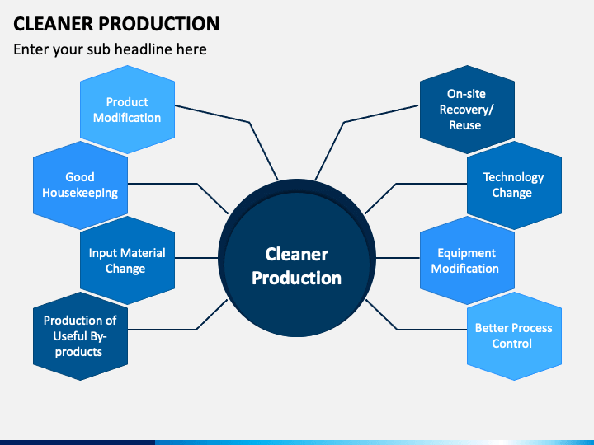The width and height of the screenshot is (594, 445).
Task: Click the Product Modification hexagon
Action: coord(127,110)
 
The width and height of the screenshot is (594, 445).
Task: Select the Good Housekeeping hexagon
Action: coord(80,185)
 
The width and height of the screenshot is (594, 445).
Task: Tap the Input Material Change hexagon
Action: coord(127,260)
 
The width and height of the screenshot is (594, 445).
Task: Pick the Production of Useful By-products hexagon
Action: coord(80,336)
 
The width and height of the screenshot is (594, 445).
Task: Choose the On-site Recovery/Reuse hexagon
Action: coord(467,110)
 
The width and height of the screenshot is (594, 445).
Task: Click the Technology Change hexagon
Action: coord(514,185)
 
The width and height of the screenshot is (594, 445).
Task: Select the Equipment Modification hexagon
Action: coord(467,260)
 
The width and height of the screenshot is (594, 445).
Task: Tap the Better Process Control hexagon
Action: coord(514,336)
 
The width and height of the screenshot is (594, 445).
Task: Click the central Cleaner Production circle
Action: coord(297,258)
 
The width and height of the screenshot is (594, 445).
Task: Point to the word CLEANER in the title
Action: coord(53,23)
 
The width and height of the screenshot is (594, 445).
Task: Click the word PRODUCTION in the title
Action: coord(159,23)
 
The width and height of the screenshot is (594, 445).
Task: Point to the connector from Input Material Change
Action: coord(196,258)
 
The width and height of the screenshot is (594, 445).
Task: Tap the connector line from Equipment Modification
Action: coord(398,258)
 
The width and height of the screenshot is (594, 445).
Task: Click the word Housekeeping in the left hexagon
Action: coord(80,193)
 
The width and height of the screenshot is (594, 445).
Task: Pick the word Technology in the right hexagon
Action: coord(513,177)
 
